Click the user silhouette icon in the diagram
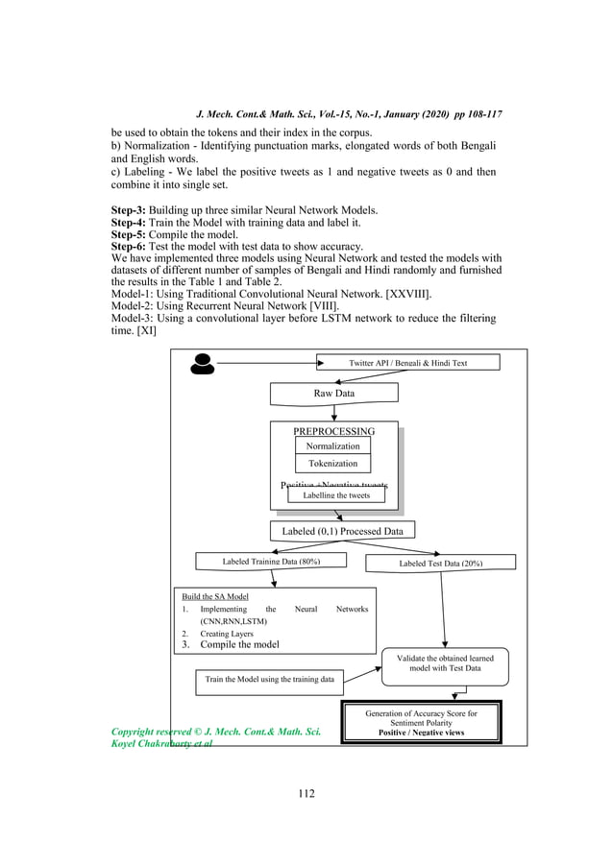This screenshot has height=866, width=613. tap(203, 363)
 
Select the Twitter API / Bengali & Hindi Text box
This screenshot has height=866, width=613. tap(408, 363)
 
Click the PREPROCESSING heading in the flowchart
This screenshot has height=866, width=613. tap(333, 431)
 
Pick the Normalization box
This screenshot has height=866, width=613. tap(332, 445)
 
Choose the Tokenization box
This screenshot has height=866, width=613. tap(332, 464)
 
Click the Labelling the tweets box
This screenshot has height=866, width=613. tap(335, 495)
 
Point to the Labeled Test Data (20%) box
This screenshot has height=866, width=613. tap(441, 563)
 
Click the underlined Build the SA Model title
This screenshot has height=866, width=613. tap(215, 596)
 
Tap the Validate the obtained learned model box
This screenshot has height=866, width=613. tap(445, 662)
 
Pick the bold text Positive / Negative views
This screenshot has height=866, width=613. tap(422, 733)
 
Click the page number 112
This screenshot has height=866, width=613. tap(306, 793)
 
